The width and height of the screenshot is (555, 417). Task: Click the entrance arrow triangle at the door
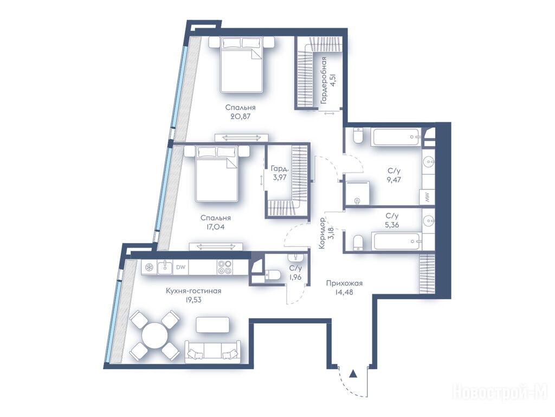click(352, 374)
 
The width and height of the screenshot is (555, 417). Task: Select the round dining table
click(154, 336)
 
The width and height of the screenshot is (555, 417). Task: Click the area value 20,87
click(240, 116)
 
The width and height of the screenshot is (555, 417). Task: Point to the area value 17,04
click(215, 226)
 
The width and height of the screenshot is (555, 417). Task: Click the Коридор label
click(322, 233)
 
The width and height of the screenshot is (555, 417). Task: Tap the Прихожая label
click(344, 283)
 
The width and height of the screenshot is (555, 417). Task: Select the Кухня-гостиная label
click(193, 291)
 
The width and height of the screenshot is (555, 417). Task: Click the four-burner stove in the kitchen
click(225, 267)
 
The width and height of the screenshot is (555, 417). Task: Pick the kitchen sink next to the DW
click(165, 267)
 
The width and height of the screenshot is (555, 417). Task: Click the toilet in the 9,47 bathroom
click(358, 136)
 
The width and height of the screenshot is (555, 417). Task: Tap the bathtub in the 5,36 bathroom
click(398, 241)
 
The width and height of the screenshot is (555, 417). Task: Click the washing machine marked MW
click(427, 197)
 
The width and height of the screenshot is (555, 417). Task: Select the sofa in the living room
click(212, 351)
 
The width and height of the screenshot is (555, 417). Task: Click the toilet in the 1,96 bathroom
click(273, 275)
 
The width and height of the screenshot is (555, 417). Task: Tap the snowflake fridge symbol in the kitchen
click(150, 267)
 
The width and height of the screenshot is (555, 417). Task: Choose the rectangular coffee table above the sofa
click(212, 325)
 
